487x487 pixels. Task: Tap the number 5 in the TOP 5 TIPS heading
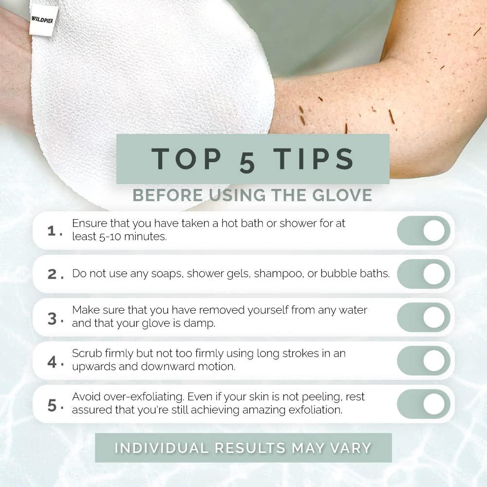tap(247, 161)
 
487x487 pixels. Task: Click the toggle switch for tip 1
tap(424, 230)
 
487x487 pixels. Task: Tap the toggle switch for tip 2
tap(424, 274)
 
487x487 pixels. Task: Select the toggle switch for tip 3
tap(424, 317)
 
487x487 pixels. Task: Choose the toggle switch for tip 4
tap(424, 360)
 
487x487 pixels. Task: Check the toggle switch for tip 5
tap(424, 404)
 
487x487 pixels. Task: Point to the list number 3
tap(52, 318)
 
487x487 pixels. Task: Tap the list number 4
tap(52, 362)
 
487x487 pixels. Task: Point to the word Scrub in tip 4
tap(86, 354)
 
